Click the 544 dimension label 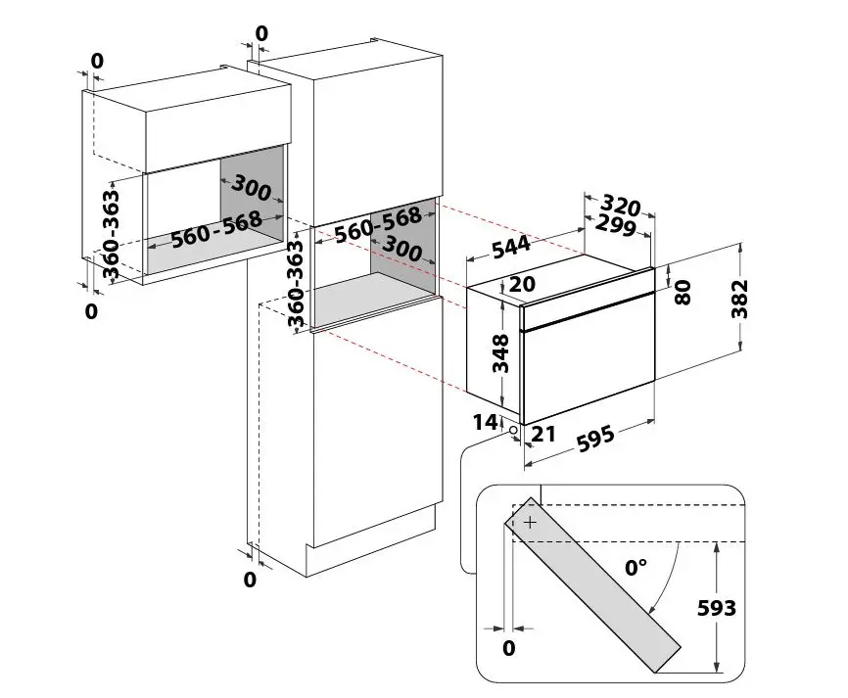pyautogui.click(x=511, y=246)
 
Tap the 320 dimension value pyautogui.click(x=620, y=206)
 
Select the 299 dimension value pyautogui.click(x=616, y=225)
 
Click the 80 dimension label pyautogui.click(x=683, y=293)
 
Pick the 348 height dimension pyautogui.click(x=500, y=353)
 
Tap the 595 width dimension pyautogui.click(x=595, y=439)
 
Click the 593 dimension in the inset pyautogui.click(x=717, y=608)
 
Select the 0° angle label pyautogui.click(x=636, y=567)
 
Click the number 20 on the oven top pyautogui.click(x=522, y=284)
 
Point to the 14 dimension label pyautogui.click(x=485, y=422)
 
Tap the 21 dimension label pyautogui.click(x=543, y=434)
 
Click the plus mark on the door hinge pyautogui.click(x=530, y=523)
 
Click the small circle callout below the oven pyautogui.click(x=513, y=431)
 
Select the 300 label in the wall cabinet pyautogui.click(x=251, y=188)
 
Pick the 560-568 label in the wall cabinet pyautogui.click(x=216, y=230)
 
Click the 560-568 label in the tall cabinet pyautogui.click(x=378, y=224)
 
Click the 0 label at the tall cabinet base pyautogui.click(x=250, y=580)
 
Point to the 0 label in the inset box pyautogui.click(x=508, y=648)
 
